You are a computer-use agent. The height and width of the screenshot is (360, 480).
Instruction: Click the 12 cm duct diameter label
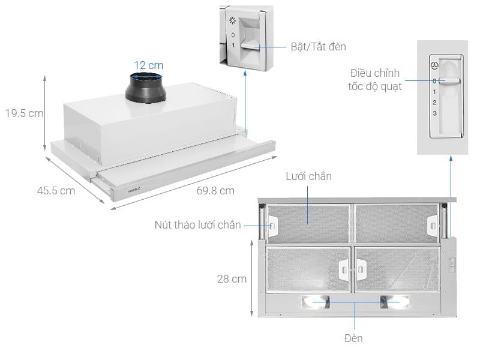coord(148,65)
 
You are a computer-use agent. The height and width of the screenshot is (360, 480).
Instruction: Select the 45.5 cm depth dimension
coord(56,191)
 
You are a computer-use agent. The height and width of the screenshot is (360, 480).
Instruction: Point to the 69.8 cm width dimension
coord(215,191)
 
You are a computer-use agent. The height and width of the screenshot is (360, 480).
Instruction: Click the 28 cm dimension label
coord(232,278)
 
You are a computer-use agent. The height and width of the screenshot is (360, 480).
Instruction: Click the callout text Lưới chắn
coord(308,176)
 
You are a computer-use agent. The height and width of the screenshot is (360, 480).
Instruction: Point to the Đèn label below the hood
coord(353,338)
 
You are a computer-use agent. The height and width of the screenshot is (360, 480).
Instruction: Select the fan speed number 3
coord(435,113)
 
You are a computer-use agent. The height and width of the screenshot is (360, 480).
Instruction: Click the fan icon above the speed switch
coord(435,65)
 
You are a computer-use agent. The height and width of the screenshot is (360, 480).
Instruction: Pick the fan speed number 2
coord(435,103)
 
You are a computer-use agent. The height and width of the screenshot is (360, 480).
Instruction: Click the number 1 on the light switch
coord(233,45)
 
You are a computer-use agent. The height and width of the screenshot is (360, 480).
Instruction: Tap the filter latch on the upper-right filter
coord(432,223)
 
